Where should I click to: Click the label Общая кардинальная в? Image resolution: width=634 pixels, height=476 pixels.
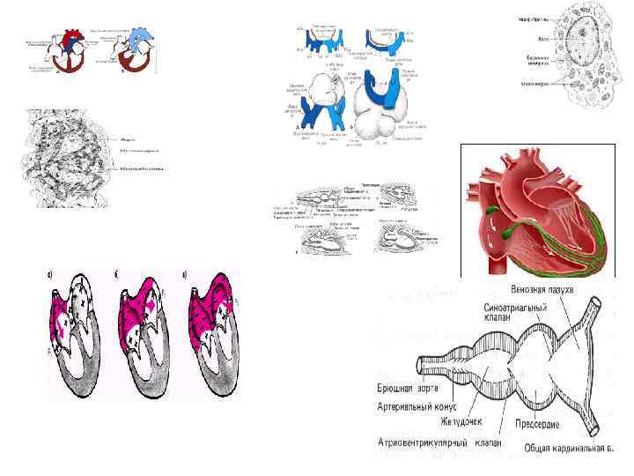pyautogui.click(x=567, y=449)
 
